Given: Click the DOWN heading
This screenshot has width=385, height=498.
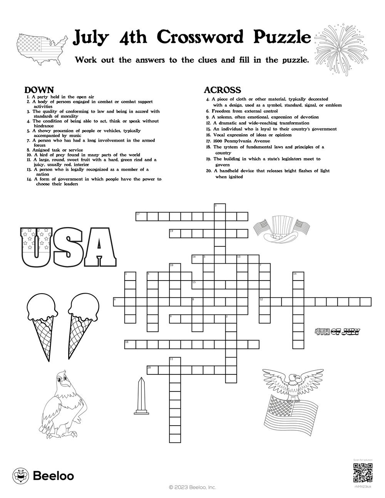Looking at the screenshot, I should click(x=39, y=90).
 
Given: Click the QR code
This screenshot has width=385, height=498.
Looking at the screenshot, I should click(x=363, y=473).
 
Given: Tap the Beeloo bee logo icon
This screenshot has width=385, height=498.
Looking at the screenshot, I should click(x=20, y=476).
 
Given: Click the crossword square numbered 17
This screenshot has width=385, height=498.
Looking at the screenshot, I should click(x=141, y=217).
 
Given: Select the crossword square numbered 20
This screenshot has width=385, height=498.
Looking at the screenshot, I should click(x=152, y=370).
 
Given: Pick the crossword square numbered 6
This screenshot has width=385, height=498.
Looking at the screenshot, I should click(x=119, y=302).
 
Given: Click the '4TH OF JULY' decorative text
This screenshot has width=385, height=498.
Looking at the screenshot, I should click(x=337, y=331).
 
